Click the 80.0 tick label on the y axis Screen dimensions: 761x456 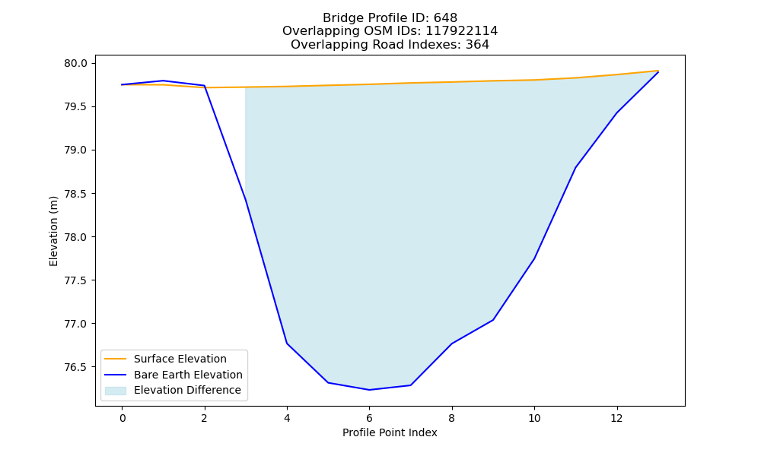(x=75, y=64)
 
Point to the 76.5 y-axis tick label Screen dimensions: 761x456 (x=75, y=367)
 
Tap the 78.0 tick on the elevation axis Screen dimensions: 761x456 (x=75, y=237)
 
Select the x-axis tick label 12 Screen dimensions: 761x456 (x=616, y=418)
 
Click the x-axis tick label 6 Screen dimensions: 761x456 (x=369, y=418)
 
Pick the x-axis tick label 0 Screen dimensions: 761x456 (x=123, y=418)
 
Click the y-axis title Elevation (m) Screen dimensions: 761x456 (x=53, y=231)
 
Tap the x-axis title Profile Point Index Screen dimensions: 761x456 (x=390, y=432)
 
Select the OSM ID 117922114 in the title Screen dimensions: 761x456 (x=462, y=31)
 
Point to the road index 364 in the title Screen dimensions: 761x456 (x=477, y=45)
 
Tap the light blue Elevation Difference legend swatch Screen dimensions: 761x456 (x=116, y=391)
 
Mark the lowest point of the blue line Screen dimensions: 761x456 (x=369, y=390)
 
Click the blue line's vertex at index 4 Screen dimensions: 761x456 (x=287, y=344)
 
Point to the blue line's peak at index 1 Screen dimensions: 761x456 (x=163, y=81)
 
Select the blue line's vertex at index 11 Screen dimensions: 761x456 (x=575, y=168)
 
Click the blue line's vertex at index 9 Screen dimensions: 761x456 (x=493, y=320)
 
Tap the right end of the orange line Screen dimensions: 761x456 (x=658, y=71)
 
